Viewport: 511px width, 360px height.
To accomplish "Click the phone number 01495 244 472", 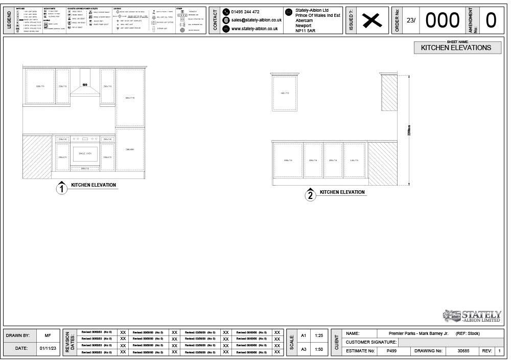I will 245,12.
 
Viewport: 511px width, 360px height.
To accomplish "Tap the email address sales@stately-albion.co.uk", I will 256,20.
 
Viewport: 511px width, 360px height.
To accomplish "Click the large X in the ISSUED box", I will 373,20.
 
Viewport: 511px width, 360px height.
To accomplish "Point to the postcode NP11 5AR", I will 306,31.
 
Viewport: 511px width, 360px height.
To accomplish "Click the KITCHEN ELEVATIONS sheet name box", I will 456,48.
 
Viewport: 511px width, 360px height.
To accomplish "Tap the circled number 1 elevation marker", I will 62,189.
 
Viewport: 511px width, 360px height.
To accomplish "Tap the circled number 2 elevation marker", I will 310,195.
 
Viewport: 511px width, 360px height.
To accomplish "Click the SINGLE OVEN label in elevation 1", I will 85,153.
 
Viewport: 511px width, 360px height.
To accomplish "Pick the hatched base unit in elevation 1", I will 38,157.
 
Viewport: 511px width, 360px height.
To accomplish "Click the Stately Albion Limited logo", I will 472,316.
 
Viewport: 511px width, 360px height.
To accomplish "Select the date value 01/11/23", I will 48,348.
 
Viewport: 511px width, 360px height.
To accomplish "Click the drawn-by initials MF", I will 48,336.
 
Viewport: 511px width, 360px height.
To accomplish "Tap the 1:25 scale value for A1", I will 319,336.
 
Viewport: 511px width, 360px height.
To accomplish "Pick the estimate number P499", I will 392,351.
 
